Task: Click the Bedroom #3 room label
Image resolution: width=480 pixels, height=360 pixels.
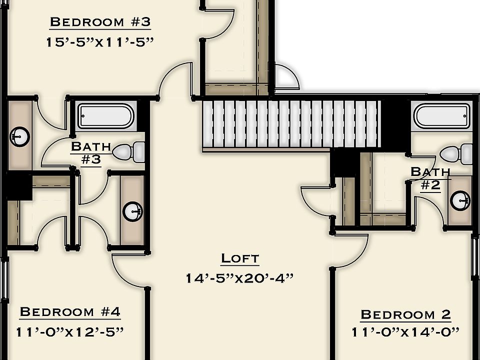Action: coord(100,22)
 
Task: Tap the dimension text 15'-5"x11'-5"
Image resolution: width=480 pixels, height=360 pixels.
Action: coord(99,42)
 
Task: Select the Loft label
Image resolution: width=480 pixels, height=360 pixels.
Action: coord(240,258)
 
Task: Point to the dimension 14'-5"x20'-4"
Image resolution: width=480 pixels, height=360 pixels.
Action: coord(239,277)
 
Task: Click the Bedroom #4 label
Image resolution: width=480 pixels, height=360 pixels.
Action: coord(70,312)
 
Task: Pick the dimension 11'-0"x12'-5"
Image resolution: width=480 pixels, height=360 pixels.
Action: coord(69,331)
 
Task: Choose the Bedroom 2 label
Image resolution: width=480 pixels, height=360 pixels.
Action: coord(405,314)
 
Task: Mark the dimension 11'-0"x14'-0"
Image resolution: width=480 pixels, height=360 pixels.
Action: coord(405,332)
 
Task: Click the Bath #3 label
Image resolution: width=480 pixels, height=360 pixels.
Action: coord(90,153)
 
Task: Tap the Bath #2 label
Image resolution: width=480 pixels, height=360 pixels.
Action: coord(430,178)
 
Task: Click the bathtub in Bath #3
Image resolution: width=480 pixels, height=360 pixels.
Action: coord(105,116)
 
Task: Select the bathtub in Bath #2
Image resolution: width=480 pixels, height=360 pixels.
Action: coord(442,116)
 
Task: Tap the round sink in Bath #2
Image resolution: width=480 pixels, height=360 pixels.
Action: coord(460,201)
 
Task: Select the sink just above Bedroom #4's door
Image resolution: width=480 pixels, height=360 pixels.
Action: coord(132,210)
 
